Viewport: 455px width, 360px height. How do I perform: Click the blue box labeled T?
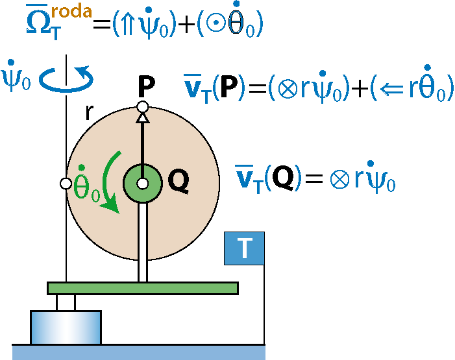click(x=244, y=248)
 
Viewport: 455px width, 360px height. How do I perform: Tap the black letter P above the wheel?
click(x=146, y=86)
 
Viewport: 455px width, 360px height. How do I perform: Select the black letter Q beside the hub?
click(x=178, y=181)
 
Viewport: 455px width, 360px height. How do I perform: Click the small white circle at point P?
click(x=143, y=107)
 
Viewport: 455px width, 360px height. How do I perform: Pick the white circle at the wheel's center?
click(x=143, y=184)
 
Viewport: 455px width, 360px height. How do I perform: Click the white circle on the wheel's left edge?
click(x=66, y=184)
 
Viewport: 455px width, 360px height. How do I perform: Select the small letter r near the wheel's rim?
click(x=90, y=112)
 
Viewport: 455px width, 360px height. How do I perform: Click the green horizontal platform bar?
click(x=143, y=288)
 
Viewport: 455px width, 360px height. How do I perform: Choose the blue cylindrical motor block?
click(x=66, y=327)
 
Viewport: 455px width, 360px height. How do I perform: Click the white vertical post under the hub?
click(x=143, y=242)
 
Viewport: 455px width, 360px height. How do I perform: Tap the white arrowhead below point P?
click(x=143, y=118)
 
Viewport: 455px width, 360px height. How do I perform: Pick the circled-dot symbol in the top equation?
click(x=215, y=23)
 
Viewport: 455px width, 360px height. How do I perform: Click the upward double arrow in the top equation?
click(x=128, y=24)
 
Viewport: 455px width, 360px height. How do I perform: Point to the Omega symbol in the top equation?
click(x=39, y=22)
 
